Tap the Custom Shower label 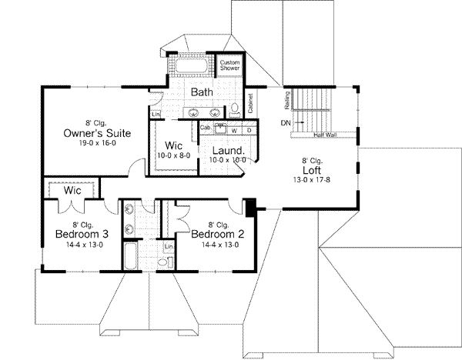[x=229, y=65]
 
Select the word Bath [x=202, y=92]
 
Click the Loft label [x=312, y=171]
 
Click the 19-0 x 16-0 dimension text [x=96, y=144]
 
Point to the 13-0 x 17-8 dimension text [x=312, y=181]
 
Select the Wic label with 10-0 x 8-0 [x=174, y=145]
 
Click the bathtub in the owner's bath [x=191, y=67]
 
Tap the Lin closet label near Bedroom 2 [x=169, y=247]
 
